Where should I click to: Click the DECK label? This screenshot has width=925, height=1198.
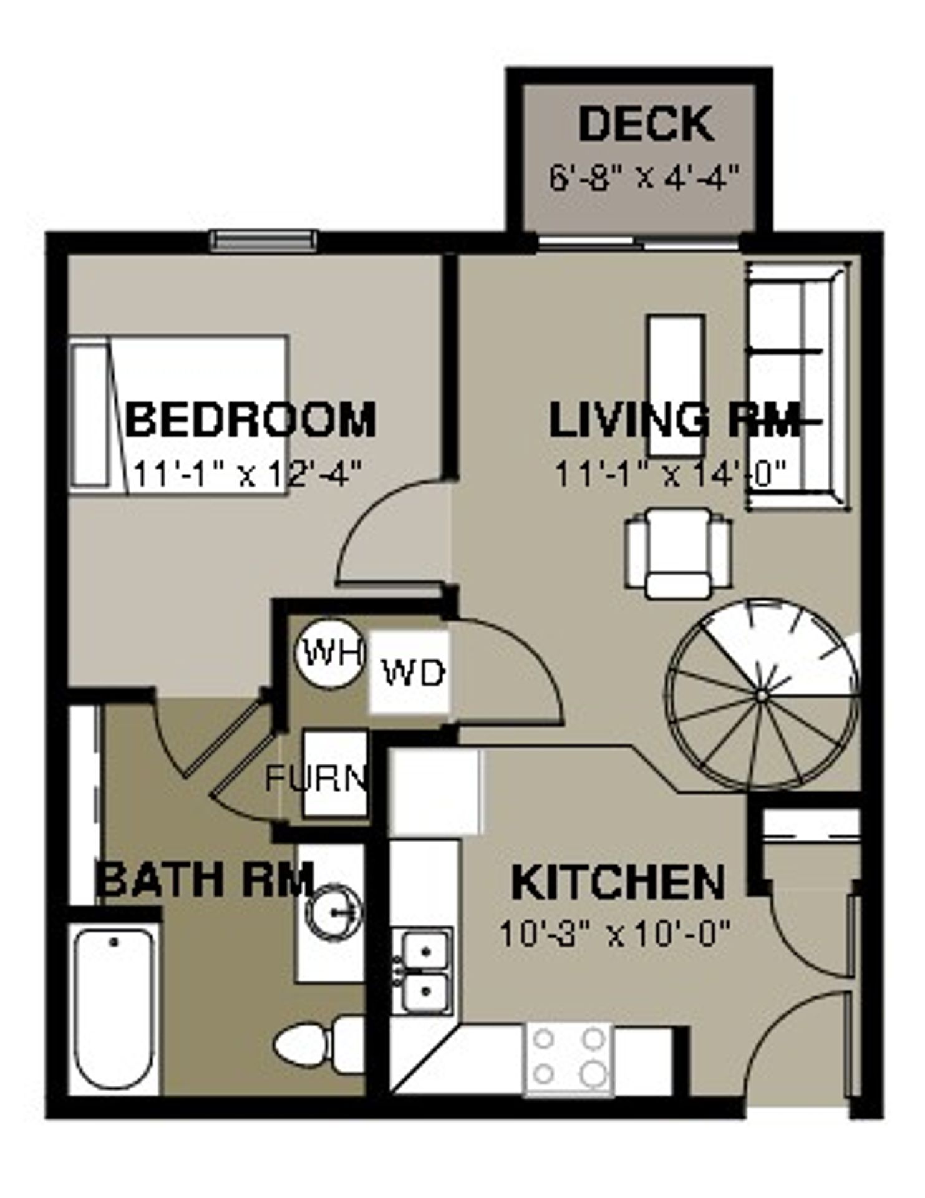[646, 125]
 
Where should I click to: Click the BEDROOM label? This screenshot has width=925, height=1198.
[251, 419]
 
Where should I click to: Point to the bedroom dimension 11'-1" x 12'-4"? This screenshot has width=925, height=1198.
[247, 474]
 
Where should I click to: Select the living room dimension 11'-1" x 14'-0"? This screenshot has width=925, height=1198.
[669, 474]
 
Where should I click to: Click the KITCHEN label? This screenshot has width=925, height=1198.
[617, 882]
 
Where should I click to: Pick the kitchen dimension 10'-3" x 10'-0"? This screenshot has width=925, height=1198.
[614, 934]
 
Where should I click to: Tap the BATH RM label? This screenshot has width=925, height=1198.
[205, 880]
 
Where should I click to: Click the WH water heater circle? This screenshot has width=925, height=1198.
[329, 653]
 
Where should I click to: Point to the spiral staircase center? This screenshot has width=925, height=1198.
[761, 694]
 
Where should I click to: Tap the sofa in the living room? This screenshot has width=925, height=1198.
[798, 387]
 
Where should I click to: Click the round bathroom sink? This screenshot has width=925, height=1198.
[334, 912]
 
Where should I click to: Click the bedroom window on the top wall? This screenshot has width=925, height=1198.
[263, 241]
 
